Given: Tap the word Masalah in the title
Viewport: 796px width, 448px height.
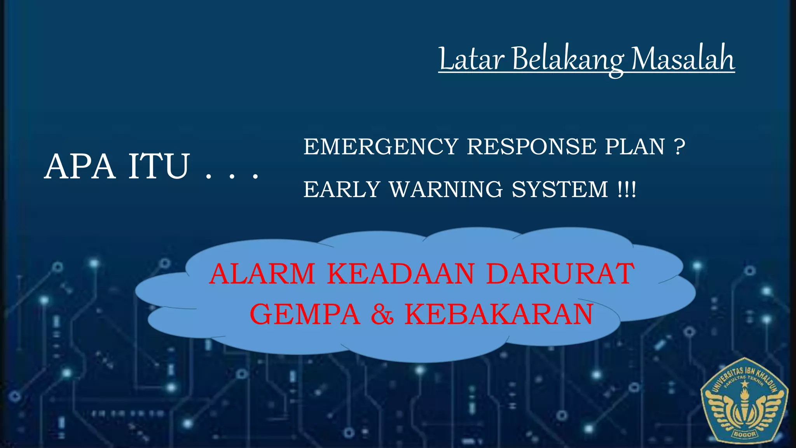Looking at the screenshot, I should [683, 59].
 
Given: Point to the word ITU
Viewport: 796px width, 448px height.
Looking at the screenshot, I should [159, 167].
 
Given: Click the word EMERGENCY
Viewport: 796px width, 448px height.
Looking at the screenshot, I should [381, 147].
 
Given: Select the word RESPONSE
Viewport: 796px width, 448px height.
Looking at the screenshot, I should [531, 147].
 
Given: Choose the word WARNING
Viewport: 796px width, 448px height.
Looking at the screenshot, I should [446, 190].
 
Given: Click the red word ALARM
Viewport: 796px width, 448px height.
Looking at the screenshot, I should [262, 274].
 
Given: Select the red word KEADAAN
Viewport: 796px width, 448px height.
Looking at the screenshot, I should [401, 274].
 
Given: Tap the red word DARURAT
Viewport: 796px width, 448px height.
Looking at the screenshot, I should [560, 274].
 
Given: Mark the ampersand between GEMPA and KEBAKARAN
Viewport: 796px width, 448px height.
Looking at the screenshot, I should [382, 314].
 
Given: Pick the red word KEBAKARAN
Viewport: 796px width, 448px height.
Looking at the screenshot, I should [499, 314].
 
